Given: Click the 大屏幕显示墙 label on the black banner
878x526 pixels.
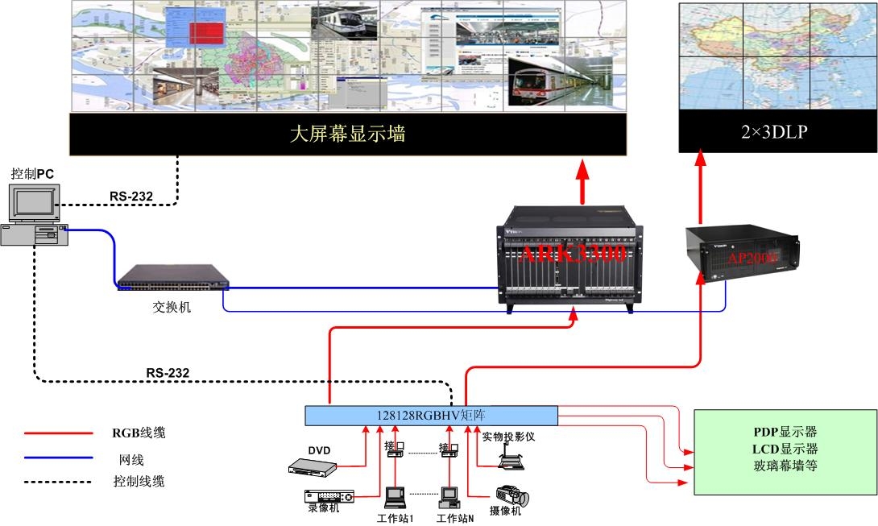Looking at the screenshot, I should point(347,134).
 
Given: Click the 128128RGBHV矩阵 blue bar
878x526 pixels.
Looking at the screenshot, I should point(431,416).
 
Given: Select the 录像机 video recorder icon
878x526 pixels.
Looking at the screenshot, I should point(328,496).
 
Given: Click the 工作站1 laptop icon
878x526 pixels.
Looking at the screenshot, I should point(395,494).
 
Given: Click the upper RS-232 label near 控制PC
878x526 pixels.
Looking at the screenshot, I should point(131,196).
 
